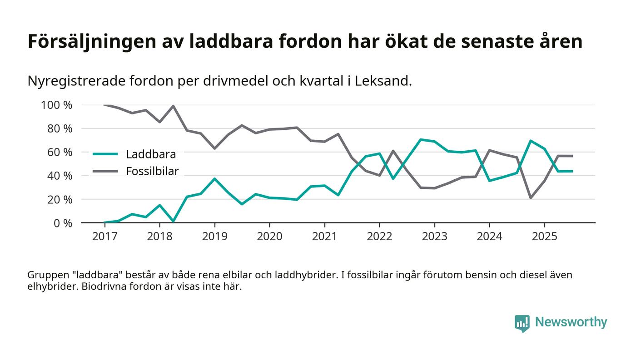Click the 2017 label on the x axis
click(x=104, y=237)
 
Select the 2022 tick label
click(x=379, y=237)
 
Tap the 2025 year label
click(x=544, y=237)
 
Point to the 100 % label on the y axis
click(x=57, y=105)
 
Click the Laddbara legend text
click(x=151, y=154)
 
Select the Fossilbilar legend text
click(x=152, y=171)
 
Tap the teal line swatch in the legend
click(x=105, y=154)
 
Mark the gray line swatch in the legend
click(x=105, y=171)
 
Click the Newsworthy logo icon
click(x=522, y=323)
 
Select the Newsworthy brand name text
click(x=571, y=322)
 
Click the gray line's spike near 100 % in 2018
click(x=173, y=106)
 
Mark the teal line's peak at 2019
click(x=214, y=179)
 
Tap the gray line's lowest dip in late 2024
click(x=530, y=197)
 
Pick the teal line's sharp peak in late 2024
click(x=530, y=141)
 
